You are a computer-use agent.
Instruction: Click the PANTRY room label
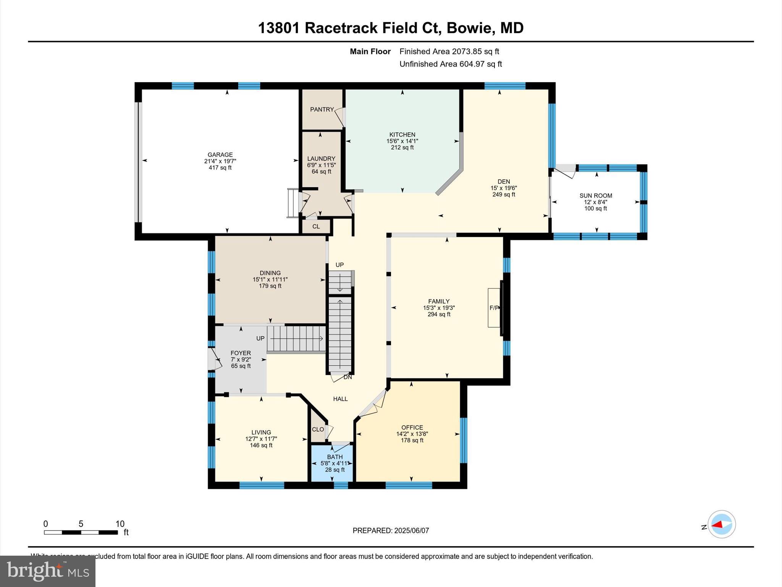[322, 110]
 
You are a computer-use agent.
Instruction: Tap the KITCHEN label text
[402, 135]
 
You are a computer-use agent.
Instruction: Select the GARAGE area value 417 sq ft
[220, 168]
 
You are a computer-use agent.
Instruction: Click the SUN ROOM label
[596, 196]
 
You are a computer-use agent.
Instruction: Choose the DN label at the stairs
[347, 377]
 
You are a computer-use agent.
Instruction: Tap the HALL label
[340, 399]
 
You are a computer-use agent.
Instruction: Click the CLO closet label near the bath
[318, 429]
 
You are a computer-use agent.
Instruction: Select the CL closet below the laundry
[316, 227]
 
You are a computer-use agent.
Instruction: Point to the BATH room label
[335, 457]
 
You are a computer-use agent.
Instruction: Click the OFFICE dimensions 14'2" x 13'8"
[412, 434]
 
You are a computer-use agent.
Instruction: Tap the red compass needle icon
[718, 525]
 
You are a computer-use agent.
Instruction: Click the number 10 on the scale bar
[120, 524]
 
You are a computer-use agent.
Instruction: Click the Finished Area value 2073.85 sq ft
[475, 52]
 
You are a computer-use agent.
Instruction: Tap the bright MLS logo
[48, 571]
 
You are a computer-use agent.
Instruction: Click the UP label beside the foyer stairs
[260, 339]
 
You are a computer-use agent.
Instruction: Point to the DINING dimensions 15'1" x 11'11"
[270, 280]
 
